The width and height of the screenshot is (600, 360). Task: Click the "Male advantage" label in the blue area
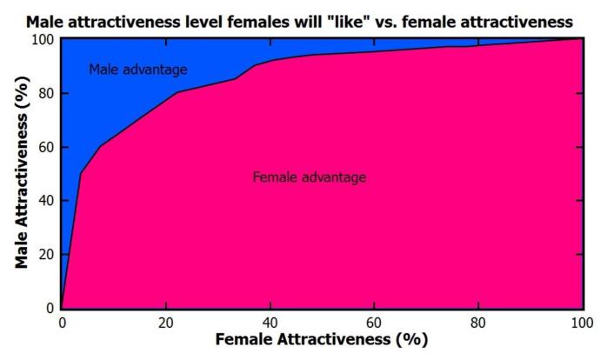(x=138, y=70)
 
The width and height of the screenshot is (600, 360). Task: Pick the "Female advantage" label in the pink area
(x=309, y=177)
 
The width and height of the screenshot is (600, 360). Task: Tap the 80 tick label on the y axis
(x=45, y=93)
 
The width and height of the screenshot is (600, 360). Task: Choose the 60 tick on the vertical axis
(x=45, y=147)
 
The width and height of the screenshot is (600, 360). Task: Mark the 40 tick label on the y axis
(x=45, y=201)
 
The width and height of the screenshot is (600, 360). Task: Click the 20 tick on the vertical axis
(x=45, y=255)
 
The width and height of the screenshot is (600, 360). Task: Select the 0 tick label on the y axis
(x=49, y=308)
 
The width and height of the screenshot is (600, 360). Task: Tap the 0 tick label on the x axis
(x=61, y=322)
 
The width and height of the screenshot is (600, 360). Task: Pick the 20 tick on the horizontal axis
(x=165, y=322)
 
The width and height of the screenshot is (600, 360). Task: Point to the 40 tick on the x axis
(x=270, y=322)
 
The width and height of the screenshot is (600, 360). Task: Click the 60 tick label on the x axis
(x=374, y=322)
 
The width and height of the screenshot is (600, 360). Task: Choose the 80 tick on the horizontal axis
(x=477, y=322)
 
